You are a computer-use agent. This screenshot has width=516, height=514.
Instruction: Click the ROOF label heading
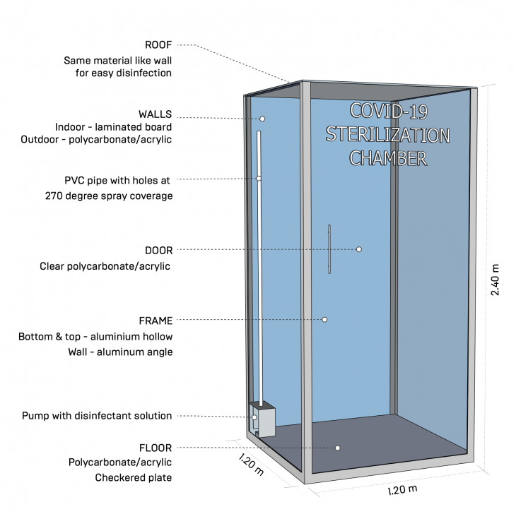158,44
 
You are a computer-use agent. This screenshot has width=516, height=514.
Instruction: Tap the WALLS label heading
155,114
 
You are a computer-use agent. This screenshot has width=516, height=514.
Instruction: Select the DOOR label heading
158,251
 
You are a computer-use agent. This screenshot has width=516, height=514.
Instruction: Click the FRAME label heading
156,321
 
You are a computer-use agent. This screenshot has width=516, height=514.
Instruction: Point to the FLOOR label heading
156,448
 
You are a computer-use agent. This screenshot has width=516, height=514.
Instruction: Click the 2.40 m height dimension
495,280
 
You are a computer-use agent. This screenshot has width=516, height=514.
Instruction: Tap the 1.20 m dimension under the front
402,490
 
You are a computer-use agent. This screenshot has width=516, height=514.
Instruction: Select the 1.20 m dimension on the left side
251,465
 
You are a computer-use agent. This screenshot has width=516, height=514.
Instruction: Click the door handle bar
329,249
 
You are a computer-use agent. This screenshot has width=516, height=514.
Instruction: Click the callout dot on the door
358,249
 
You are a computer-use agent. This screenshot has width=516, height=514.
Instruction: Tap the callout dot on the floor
337,448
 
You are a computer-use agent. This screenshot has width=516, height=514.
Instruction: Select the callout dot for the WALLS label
262,119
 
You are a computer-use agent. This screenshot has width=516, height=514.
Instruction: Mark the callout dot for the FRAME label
324,319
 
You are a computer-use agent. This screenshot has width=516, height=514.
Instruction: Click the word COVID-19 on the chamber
389,111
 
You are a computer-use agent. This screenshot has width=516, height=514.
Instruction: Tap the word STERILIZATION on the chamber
387,135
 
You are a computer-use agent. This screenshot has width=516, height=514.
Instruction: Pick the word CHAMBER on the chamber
388,158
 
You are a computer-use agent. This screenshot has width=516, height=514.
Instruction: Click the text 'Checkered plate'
134,477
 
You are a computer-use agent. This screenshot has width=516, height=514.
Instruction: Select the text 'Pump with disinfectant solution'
97,416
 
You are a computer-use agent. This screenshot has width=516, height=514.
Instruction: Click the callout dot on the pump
254,417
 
